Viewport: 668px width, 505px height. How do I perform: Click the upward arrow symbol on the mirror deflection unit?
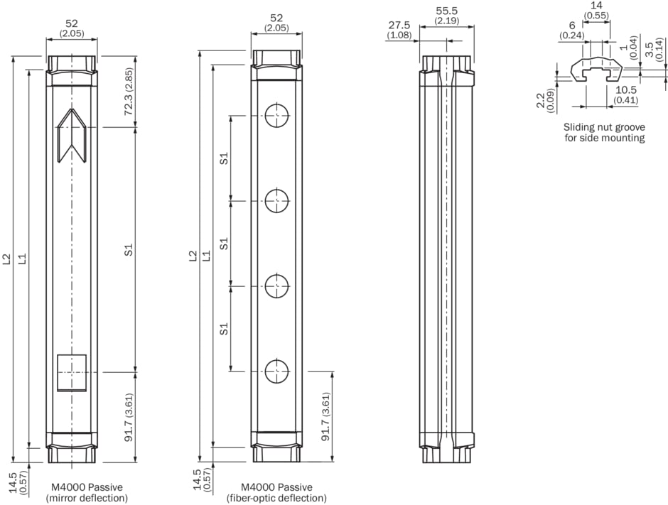(72, 135)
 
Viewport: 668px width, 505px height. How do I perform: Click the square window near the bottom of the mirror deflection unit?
(72, 372)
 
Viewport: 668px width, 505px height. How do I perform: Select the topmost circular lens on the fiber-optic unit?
(276, 114)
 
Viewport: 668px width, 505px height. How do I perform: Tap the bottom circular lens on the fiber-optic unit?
(276, 371)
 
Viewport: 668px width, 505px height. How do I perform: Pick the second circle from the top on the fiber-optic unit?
(276, 200)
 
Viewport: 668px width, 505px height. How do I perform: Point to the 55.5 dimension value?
(446, 11)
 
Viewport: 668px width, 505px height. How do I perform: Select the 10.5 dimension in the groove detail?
(626, 90)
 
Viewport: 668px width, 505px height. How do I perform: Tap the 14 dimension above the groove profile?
(596, 5)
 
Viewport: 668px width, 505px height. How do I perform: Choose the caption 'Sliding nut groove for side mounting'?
(604, 132)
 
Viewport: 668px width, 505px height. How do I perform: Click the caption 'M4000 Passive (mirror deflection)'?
(87, 493)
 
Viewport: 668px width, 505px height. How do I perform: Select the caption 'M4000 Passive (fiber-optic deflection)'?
(276, 493)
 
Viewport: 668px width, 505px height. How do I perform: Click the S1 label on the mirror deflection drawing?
(129, 250)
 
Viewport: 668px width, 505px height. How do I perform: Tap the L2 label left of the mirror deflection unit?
(6, 259)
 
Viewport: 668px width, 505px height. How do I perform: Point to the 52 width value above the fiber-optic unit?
(276, 18)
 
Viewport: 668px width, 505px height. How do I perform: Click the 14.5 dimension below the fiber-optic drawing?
(198, 480)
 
